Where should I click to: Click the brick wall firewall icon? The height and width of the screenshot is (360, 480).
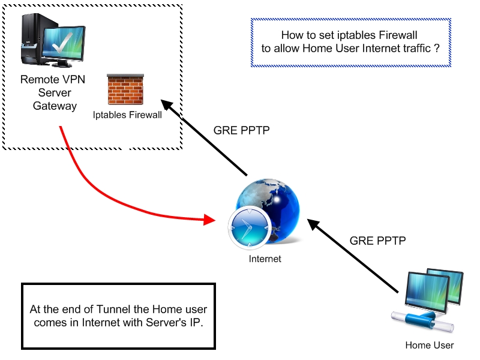pos(125,90)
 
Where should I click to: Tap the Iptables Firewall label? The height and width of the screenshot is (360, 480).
pos(127,115)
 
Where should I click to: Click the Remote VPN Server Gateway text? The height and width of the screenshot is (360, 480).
pos(48,92)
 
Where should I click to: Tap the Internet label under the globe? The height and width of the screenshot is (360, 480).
pos(265,259)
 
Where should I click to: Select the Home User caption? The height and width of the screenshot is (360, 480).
pos(430,345)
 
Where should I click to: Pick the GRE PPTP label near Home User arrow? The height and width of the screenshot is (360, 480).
pos(378,241)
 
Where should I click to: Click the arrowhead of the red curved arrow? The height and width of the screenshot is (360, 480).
pos(209,220)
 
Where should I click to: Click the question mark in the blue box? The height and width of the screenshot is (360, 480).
pos(437,49)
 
